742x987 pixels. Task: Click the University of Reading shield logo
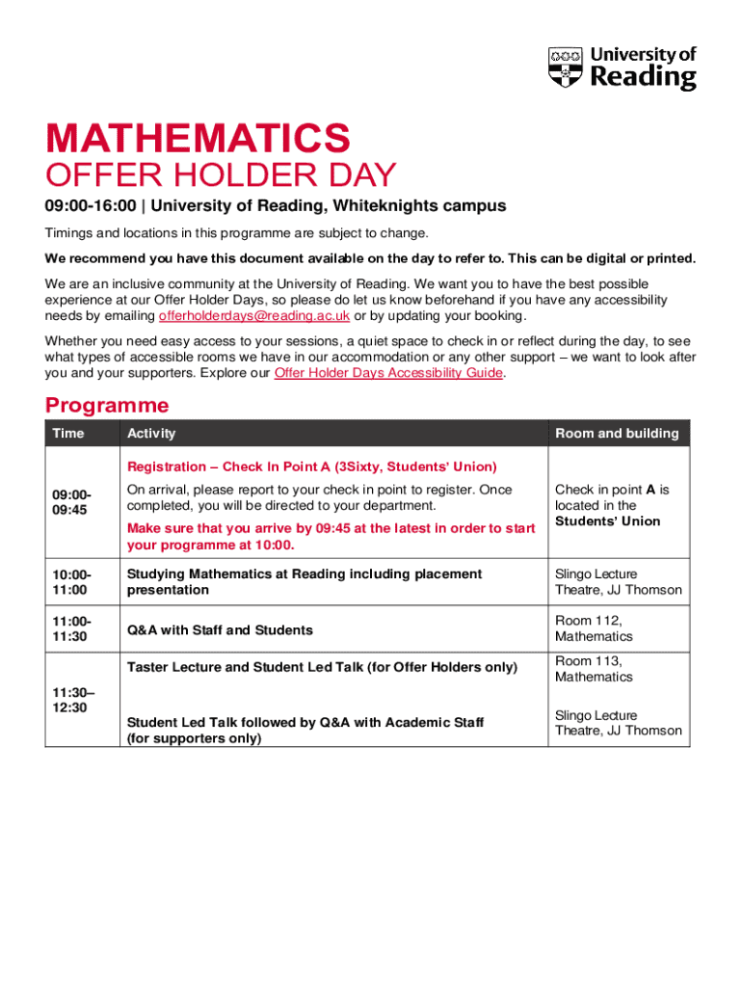click(566, 69)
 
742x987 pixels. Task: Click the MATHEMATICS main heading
click(198, 138)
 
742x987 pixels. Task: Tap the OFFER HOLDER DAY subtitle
click(221, 176)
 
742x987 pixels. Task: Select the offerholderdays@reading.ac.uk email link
click(253, 316)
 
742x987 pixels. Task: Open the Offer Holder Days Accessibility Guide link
click(388, 373)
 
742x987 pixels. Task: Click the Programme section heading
click(107, 405)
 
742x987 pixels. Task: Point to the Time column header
click(68, 434)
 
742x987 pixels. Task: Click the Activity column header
click(151, 434)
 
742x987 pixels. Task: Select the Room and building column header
click(617, 434)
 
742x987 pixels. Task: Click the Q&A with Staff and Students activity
click(220, 630)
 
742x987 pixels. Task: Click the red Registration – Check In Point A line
click(311, 467)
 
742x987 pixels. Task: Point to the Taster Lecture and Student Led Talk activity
click(322, 667)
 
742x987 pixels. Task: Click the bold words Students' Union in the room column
click(607, 521)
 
